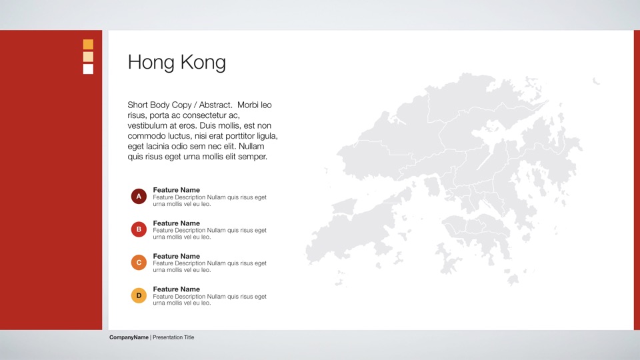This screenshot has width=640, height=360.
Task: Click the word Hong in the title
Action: (151, 63)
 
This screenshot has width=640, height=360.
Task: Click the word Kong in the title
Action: (203, 63)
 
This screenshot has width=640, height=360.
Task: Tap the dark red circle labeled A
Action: (139, 196)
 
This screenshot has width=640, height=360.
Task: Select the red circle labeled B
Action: (139, 229)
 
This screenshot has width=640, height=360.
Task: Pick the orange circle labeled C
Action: (139, 263)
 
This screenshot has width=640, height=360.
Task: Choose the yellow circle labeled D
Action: (139, 295)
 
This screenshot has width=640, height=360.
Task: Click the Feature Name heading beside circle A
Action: (176, 190)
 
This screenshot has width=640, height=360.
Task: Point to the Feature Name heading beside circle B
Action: (176, 223)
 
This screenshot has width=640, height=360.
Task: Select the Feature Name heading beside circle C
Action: (176, 256)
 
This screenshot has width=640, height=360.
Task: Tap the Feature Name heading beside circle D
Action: (176, 289)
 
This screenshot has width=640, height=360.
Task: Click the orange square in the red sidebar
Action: (88, 44)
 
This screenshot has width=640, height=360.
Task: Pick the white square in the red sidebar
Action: (88, 69)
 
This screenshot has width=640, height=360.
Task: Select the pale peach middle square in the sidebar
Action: (88, 57)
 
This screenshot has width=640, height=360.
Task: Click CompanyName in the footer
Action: (129, 337)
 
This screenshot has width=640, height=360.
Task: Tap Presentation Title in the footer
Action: (173, 337)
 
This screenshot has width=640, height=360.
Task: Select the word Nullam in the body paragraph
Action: (251, 146)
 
